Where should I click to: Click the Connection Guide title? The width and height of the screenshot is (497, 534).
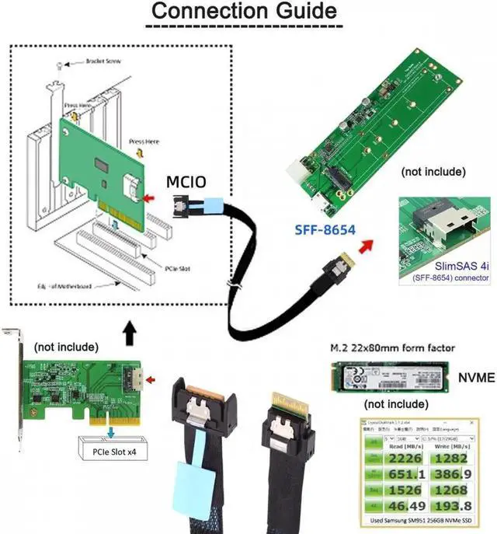(x=243, y=12)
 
